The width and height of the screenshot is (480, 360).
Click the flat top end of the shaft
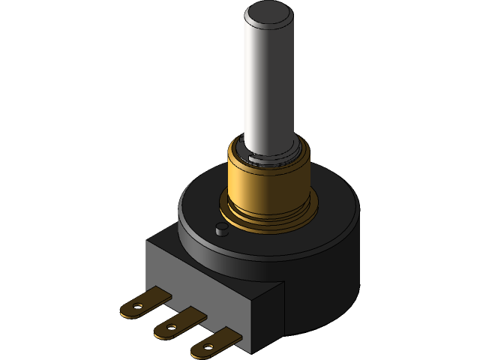pos(266,12)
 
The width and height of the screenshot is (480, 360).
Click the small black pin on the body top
pos(220,229)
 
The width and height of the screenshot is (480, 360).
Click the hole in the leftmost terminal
pos(136,306)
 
